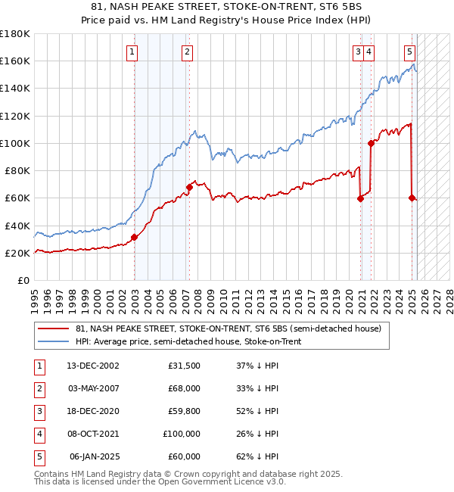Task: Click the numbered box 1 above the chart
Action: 132,52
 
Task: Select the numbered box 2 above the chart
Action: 187,52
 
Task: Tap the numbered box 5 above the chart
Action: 409,52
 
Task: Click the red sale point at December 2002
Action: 134,237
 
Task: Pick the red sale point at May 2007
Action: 189,187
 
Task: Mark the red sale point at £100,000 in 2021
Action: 371,142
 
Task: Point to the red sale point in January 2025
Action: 412,198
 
